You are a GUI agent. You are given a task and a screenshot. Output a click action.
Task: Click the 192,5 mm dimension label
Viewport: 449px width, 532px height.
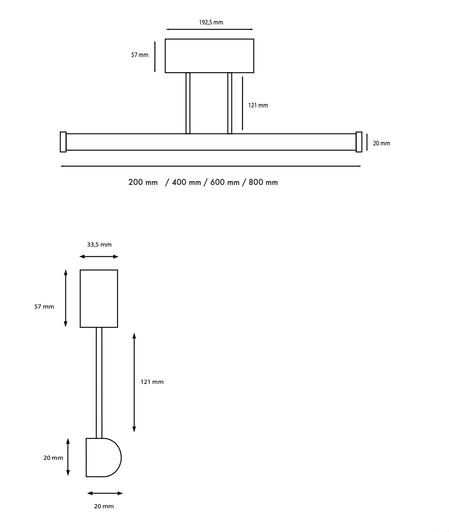click(x=211, y=22)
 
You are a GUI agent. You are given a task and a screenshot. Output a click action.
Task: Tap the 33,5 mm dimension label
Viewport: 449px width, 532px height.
click(x=99, y=245)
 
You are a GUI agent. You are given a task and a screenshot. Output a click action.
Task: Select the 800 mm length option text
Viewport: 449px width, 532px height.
click(x=263, y=182)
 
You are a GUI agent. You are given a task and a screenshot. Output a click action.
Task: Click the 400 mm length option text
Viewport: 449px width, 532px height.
click(x=186, y=182)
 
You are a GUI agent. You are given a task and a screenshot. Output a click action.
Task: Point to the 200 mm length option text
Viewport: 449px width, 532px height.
click(x=143, y=182)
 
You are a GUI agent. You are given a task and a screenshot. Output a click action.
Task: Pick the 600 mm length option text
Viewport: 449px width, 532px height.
click(x=225, y=182)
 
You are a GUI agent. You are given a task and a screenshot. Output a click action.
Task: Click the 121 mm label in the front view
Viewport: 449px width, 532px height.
click(x=258, y=105)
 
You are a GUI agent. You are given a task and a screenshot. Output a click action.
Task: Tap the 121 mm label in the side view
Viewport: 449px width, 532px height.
click(x=152, y=382)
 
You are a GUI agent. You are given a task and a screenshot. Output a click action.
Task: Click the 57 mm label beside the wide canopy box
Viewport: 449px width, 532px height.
click(x=140, y=55)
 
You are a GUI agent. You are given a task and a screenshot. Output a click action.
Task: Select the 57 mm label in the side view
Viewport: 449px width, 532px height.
click(x=44, y=307)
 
